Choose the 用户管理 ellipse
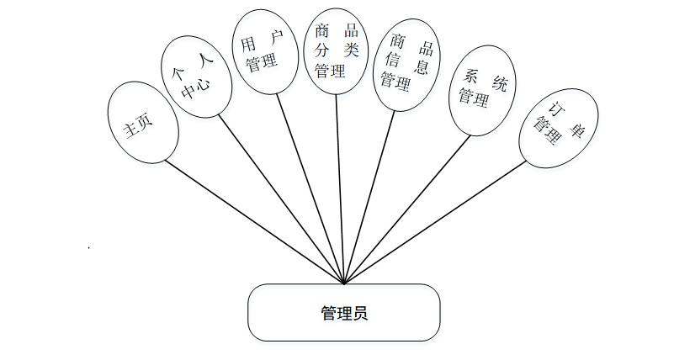pyautogui.click(x=263, y=53)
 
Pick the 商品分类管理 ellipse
pyautogui.click(x=336, y=50)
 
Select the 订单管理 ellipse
pyautogui.click(x=558, y=125)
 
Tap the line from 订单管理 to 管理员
pyautogui.click(x=438, y=222)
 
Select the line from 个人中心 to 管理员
pyautogui.click(x=282, y=199)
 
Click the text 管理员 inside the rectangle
pyautogui.click(x=344, y=314)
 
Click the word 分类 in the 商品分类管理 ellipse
pyautogui.click(x=337, y=50)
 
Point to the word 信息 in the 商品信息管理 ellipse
pyautogui.click(x=406, y=62)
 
